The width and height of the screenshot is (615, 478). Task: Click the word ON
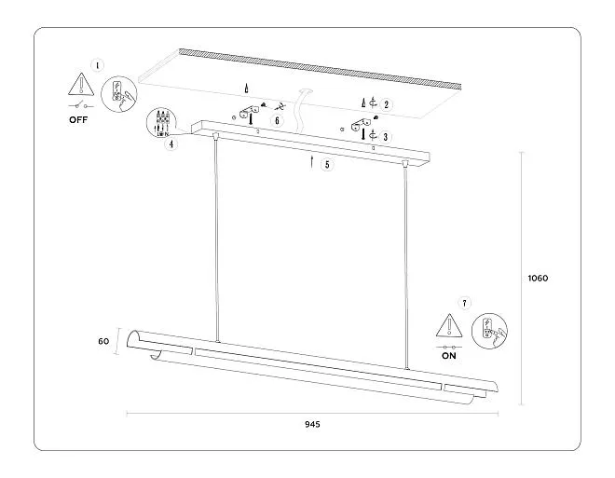point(449,355)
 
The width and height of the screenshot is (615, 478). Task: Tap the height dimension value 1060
point(538,278)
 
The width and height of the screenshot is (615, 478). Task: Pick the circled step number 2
point(386,105)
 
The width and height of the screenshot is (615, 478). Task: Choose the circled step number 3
point(386,136)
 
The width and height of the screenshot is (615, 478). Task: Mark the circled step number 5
point(326,165)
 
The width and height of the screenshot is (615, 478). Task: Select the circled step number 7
point(465,303)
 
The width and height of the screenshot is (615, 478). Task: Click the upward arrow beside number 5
point(311,162)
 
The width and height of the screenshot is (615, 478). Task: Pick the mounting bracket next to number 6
point(248,113)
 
